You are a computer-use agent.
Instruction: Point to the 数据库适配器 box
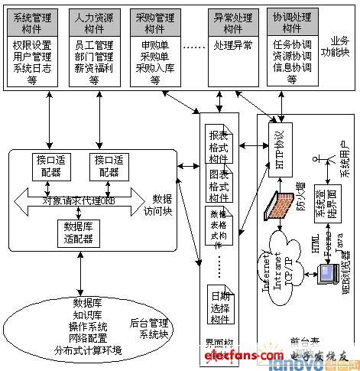click(x=79, y=232)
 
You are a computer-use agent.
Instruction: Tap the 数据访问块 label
click(x=162, y=202)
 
